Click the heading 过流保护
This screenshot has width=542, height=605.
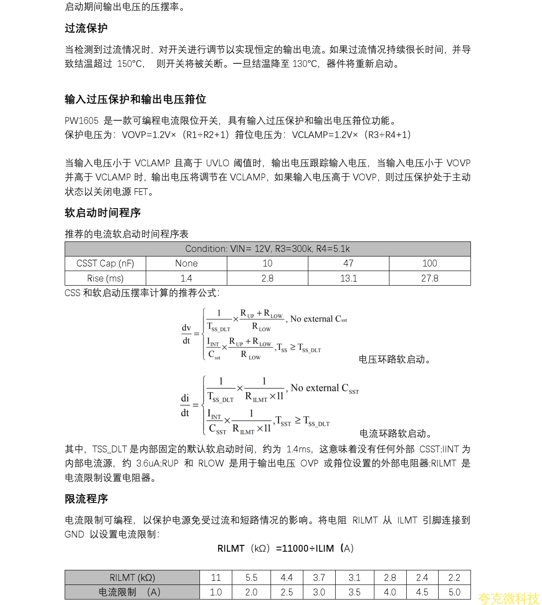pos(86,28)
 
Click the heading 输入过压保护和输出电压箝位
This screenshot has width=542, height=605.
pos(135,99)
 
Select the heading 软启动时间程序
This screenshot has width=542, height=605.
pos(102,213)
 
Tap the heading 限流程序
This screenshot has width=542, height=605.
pos(86,499)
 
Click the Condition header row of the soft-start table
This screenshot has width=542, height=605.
pos(267,249)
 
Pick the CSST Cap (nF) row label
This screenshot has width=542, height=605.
pos(105,263)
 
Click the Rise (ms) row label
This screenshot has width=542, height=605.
pos(105,278)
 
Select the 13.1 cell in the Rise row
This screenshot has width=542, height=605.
pos(348,278)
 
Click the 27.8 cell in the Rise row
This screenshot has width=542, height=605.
pos(430,278)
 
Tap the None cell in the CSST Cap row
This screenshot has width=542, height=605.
pos(186,263)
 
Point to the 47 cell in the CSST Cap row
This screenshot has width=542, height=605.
pos(348,263)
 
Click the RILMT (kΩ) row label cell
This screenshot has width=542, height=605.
pos(132,578)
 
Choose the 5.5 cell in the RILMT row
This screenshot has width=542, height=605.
pos(251,578)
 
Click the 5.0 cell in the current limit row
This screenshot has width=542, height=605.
pos(454,592)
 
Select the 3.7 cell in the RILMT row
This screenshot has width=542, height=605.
pos(319,578)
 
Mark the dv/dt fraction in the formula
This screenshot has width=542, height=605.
pos(186,334)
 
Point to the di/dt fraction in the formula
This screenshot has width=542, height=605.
pos(185,405)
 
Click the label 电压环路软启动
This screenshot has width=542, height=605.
pos(394,359)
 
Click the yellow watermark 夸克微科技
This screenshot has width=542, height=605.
pos(508,598)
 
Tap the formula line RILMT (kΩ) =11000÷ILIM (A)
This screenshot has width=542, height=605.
pos(286,549)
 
